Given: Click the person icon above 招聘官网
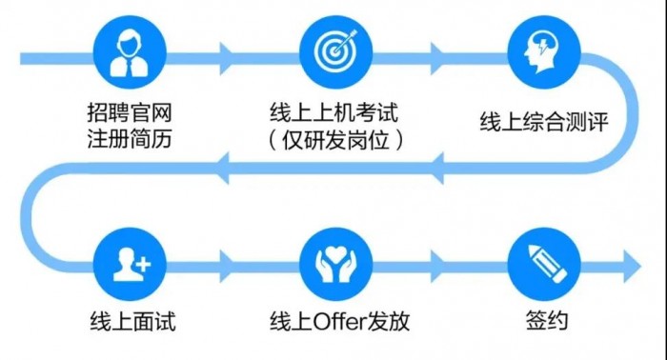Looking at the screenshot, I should [x=128, y=53].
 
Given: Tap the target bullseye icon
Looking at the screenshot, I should [x=333, y=53].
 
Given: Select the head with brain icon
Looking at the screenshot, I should [x=539, y=53].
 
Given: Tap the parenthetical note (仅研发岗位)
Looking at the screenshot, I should [x=333, y=140].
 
